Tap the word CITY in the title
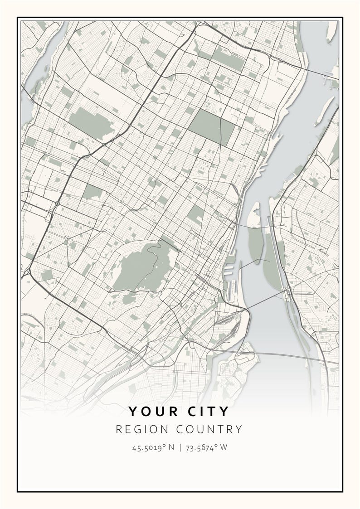(x=207, y=412)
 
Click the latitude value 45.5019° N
(x=153, y=448)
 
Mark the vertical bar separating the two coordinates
(x=180, y=448)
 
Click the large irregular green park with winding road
(x=141, y=267)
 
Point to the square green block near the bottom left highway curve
(x=47, y=275)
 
